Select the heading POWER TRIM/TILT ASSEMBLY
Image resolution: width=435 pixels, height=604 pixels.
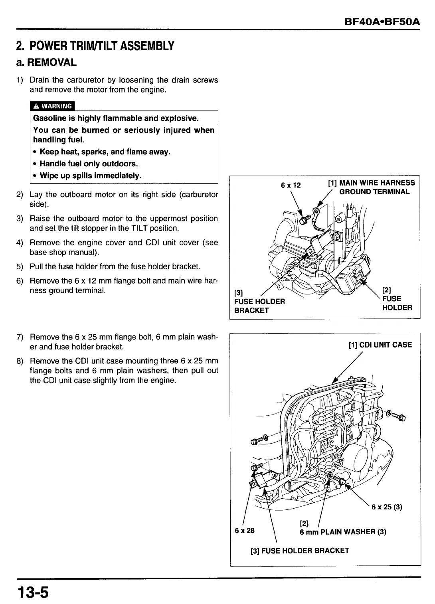coord(95,46)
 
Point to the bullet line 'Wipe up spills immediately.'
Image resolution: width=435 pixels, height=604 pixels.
coord(91,176)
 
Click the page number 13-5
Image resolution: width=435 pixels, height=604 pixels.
coord(32,592)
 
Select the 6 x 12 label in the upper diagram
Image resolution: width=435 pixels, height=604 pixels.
coord(291,185)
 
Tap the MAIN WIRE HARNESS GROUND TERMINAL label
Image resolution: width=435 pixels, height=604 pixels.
coord(371,187)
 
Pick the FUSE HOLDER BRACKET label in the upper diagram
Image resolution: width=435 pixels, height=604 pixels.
coord(259,306)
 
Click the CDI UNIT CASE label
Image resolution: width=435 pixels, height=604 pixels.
coord(380,345)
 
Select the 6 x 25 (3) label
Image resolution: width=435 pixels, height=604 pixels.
coord(386,507)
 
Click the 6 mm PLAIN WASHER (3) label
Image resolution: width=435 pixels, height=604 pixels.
coord(343,532)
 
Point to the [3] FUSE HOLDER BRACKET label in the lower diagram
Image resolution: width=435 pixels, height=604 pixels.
coord(299,551)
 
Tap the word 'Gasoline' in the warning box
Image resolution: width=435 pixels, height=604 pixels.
coord(50,118)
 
